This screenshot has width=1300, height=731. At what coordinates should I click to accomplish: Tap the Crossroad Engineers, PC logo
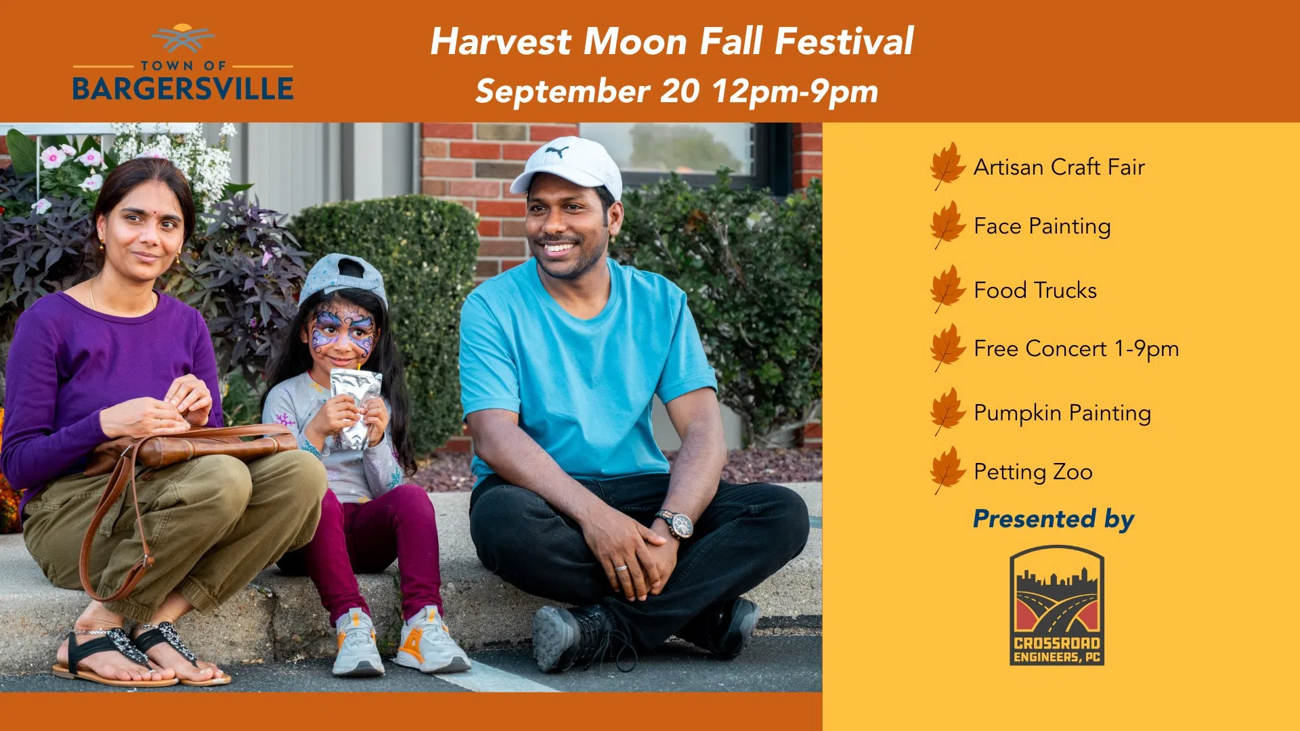1057,605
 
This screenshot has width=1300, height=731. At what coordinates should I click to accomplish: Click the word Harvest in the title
501,41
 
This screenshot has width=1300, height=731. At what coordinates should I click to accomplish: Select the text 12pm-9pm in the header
795,92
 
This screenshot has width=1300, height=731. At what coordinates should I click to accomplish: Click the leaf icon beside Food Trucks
947,289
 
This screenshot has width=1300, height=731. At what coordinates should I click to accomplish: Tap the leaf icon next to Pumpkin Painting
947,412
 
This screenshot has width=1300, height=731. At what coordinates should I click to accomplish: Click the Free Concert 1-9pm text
1077,349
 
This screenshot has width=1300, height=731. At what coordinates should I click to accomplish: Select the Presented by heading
1054,519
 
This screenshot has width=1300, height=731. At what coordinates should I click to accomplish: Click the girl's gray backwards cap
343,278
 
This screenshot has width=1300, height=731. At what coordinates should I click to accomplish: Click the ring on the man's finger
620,567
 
